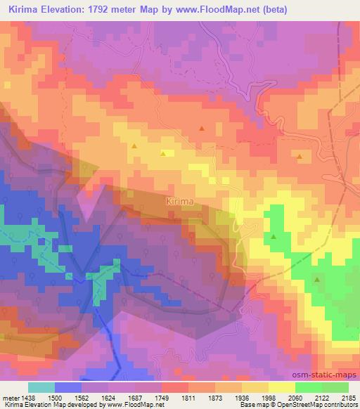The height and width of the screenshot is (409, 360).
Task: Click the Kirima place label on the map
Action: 179,202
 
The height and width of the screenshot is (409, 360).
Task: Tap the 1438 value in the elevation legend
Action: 27,398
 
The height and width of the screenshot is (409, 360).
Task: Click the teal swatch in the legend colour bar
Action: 41,387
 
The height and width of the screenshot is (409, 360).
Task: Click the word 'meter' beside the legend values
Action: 9,398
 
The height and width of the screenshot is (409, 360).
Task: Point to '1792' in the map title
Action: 108,10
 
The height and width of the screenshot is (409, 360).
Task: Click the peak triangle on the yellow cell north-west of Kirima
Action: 163,153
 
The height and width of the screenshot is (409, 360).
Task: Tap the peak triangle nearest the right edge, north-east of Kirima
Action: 300,157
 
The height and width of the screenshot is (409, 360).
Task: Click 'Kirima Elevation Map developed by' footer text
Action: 48,405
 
